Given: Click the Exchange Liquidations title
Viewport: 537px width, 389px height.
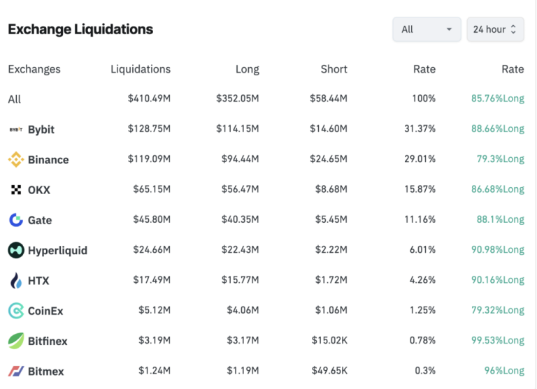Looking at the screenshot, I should click(80, 29).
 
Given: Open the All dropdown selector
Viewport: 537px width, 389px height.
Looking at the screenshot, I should click(427, 29).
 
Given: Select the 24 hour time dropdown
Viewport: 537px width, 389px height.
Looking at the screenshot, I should click(494, 29).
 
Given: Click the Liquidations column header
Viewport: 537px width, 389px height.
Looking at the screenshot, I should click(141, 69).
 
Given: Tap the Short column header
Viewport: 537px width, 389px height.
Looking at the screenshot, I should click(334, 69).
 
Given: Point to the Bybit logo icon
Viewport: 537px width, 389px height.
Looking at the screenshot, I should click(15, 130).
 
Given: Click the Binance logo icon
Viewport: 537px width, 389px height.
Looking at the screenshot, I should click(15, 160).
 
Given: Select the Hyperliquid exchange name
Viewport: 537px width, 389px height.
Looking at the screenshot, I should click(57, 250).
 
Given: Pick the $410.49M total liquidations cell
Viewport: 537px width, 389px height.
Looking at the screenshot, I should click(149, 99).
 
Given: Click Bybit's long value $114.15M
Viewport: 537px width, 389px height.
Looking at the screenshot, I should click(238, 129).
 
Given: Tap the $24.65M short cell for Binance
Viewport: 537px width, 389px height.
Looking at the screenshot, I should click(329, 159).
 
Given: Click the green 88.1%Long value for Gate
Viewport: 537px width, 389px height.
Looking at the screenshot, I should click(500, 219).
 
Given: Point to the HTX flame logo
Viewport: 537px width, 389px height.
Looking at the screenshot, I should click(15, 281).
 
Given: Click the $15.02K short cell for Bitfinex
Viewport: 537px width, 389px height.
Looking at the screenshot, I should click(329, 340).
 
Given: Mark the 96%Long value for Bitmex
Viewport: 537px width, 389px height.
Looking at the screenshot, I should click(505, 371).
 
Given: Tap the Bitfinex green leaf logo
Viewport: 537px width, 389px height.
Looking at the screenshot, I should click(15, 341).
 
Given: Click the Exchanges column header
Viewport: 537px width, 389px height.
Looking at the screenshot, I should click(34, 69).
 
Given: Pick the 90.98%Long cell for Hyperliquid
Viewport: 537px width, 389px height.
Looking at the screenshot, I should click(497, 249).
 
